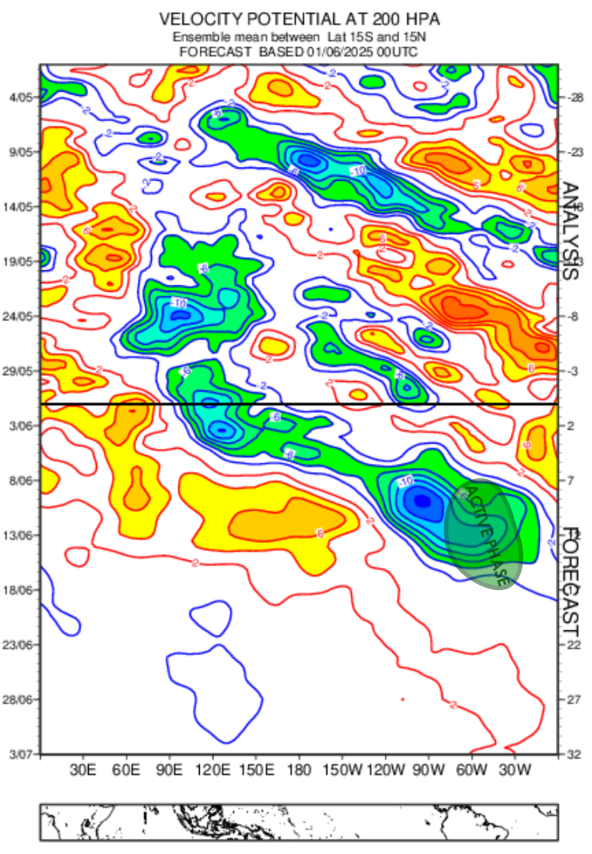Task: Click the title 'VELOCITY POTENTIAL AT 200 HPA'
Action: point(297,17)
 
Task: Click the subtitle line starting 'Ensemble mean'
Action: point(297,37)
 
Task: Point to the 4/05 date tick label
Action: point(21,97)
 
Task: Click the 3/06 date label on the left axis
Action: point(21,426)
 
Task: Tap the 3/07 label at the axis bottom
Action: point(21,753)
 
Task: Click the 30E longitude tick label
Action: point(84,769)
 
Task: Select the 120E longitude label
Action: point(213,769)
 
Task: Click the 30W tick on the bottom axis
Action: point(514,769)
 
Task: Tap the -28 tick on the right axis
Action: point(573,97)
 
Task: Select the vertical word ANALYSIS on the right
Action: point(570,231)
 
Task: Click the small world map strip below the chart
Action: point(297,822)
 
